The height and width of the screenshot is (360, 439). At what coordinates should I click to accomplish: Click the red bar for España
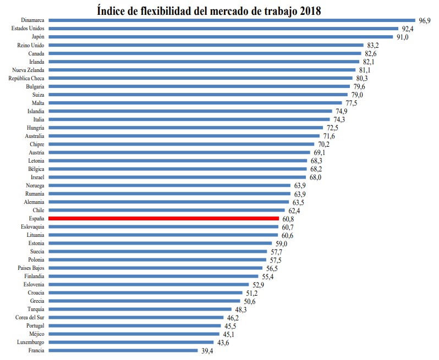pyautogui.click(x=163, y=218)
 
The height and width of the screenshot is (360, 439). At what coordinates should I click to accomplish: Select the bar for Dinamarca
pyautogui.click(x=232, y=20)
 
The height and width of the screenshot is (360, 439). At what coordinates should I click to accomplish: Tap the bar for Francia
pyautogui.click(x=123, y=350)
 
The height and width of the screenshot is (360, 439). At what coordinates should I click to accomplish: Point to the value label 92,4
pyautogui.click(x=408, y=29)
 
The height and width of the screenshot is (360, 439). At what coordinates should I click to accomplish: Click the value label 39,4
pyautogui.click(x=207, y=350)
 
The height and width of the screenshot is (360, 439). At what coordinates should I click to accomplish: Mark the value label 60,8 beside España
pyautogui.click(x=288, y=218)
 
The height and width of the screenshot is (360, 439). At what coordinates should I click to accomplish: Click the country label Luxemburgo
pyautogui.click(x=30, y=342)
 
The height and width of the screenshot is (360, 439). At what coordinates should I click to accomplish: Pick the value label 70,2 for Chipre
pyautogui.click(x=324, y=144)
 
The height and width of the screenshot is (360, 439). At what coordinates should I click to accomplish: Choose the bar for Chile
pyautogui.click(x=167, y=210)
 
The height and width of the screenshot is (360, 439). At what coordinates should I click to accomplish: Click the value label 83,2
pyautogui.click(x=373, y=45)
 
